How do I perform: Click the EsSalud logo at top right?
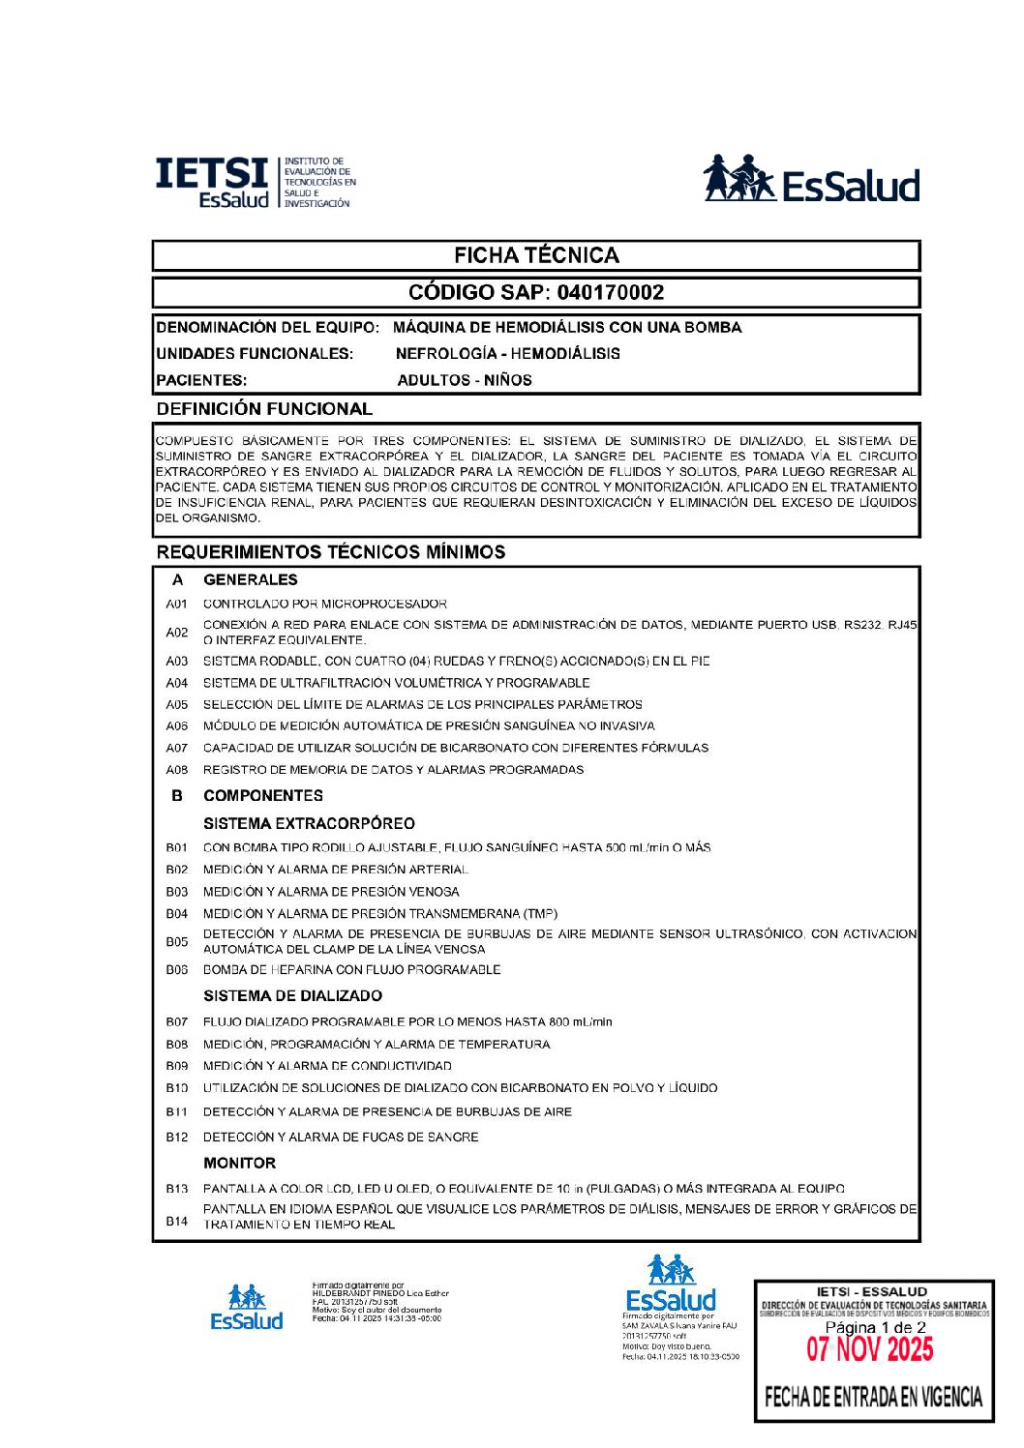point(810,179)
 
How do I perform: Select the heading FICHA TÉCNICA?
point(536,255)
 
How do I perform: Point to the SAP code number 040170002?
point(610,292)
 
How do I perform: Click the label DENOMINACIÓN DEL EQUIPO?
point(267,327)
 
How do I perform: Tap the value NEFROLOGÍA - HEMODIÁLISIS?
point(507,353)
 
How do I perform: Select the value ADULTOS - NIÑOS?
point(465,380)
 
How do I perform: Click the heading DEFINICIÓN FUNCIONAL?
point(264,408)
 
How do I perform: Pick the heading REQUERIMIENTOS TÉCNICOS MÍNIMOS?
point(331,551)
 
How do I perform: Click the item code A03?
point(177,662)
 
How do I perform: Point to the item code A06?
point(177,726)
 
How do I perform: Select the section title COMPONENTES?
point(263,795)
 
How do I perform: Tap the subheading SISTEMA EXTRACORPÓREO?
point(309,823)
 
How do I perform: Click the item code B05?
point(177,941)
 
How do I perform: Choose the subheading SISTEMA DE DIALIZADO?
point(292,995)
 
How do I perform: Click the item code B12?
point(177,1138)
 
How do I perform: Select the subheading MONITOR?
point(239,1163)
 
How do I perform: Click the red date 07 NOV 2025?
point(870,1349)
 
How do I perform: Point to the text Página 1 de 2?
point(875,1328)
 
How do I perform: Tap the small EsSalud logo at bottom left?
point(247,1308)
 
